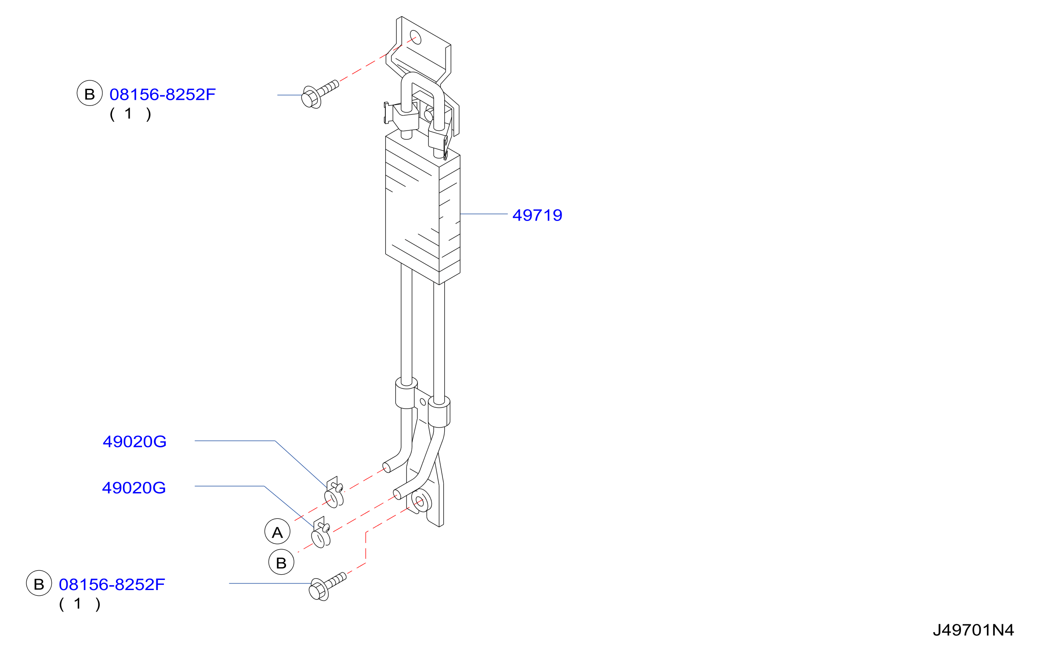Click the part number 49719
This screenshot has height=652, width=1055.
537,215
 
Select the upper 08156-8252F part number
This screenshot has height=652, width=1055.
163,94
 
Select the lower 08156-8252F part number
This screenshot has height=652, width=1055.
112,584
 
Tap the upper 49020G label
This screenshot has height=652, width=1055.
134,442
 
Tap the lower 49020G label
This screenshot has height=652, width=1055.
134,488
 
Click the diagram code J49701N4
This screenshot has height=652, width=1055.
973,630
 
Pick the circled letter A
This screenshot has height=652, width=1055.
277,532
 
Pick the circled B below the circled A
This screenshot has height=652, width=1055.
281,562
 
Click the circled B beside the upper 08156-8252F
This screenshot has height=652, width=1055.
90,93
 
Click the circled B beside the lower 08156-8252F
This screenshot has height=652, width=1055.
39,583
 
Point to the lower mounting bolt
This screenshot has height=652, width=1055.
327,587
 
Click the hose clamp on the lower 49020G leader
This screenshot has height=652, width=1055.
321,532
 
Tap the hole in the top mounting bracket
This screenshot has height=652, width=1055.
415,37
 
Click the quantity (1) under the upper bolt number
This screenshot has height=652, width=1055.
131,114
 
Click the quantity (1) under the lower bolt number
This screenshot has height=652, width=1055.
80,604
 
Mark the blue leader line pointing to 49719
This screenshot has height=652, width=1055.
484,214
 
